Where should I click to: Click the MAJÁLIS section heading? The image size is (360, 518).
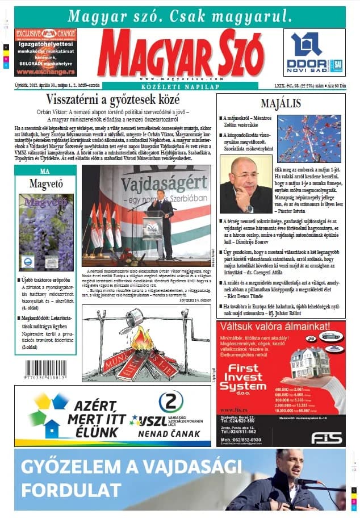tap(280, 104)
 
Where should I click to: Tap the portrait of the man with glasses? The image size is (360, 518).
tap(245, 185)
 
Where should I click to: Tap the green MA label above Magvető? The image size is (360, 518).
tap(45, 171)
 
